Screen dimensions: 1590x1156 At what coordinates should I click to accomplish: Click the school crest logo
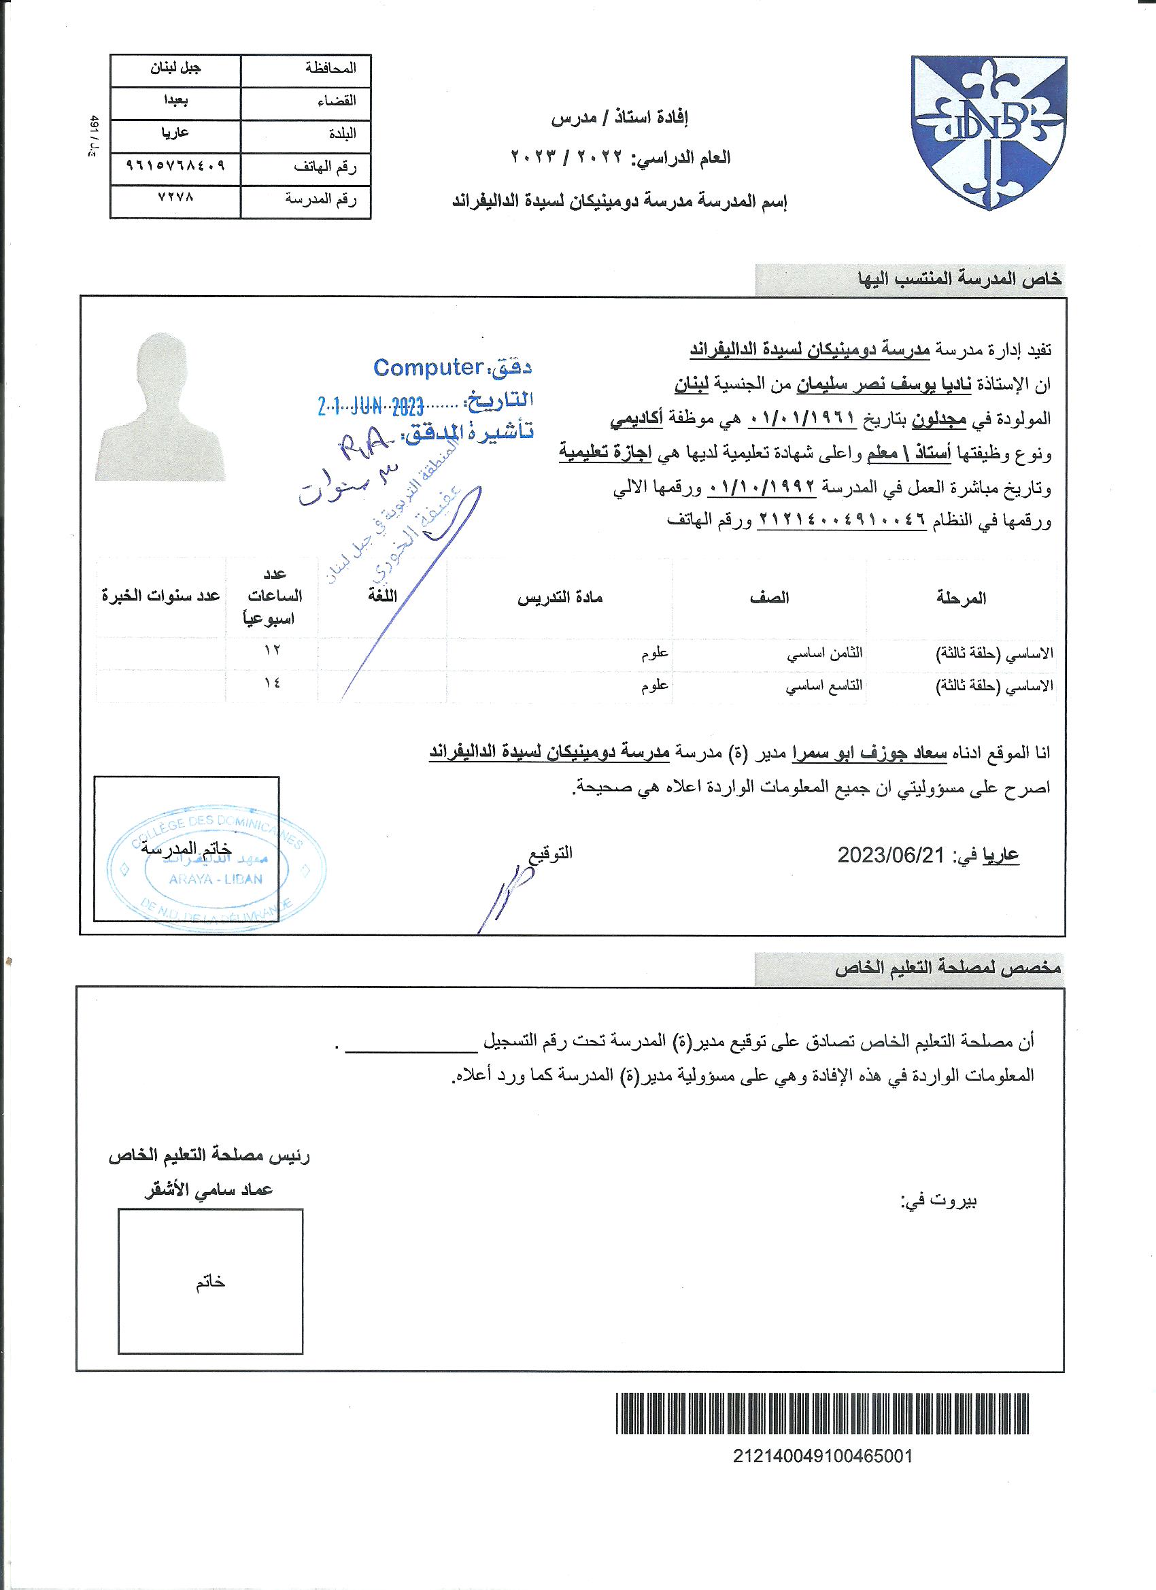pos(989,132)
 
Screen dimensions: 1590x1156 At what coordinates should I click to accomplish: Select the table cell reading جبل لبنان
pos(177,69)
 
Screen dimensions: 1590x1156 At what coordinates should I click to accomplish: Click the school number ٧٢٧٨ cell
pos(176,198)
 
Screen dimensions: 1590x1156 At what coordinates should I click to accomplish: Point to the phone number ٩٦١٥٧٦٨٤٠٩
pos(176,166)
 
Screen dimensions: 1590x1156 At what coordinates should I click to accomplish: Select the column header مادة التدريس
pos(560,597)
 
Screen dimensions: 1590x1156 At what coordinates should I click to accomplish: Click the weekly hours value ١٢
pos(271,650)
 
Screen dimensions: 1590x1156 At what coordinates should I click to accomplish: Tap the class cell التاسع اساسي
pos(823,686)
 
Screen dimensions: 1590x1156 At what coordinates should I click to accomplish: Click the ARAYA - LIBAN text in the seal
pos(215,879)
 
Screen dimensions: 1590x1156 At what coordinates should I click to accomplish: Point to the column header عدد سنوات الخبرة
pos(161,596)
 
